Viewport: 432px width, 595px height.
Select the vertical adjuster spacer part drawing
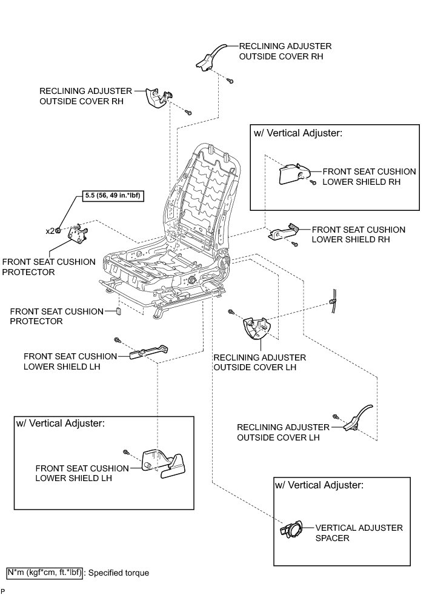click(x=294, y=528)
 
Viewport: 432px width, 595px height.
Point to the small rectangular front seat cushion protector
click(x=119, y=311)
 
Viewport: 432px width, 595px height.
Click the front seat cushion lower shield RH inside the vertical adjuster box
click(x=293, y=174)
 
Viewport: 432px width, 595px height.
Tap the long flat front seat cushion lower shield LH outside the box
click(x=148, y=353)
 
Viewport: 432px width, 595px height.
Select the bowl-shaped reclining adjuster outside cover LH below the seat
click(x=256, y=330)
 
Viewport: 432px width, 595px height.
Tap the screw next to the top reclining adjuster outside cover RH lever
click(x=231, y=81)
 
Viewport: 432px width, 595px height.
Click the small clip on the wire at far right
click(x=333, y=301)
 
